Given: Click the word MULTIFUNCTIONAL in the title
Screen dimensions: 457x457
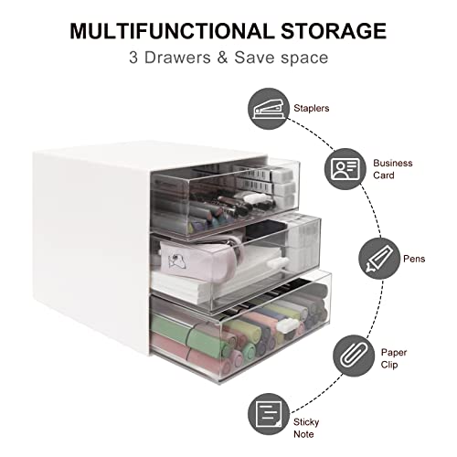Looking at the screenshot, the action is point(172,31).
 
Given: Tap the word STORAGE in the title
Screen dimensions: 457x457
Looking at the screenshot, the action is point(334,31).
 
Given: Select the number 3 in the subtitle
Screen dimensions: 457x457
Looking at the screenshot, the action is point(133,58).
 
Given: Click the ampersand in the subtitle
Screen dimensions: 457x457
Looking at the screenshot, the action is point(222,58).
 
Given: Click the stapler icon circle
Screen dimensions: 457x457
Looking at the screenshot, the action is point(269,109).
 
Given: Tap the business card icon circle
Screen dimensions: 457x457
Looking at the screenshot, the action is point(345,169).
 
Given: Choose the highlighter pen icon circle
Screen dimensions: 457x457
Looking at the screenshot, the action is point(379,259).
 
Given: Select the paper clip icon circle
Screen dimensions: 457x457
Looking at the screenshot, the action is point(354,356).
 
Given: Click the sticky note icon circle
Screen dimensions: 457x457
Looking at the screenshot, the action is point(269,414).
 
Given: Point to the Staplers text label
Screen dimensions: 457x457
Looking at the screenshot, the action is point(312,108).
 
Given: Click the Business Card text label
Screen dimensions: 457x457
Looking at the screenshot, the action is point(393,169).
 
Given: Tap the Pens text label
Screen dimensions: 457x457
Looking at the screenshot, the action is point(414,259).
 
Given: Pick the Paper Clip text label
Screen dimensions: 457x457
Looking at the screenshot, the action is point(394,358).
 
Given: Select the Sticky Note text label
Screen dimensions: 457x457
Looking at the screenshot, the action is point(306,428).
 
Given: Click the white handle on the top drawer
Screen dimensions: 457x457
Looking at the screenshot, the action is point(253,198).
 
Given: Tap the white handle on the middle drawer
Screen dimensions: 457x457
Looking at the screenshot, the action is point(277,262).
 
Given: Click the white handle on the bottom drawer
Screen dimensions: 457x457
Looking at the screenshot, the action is point(288,325).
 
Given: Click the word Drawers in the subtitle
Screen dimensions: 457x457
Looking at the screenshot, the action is point(177,58).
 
